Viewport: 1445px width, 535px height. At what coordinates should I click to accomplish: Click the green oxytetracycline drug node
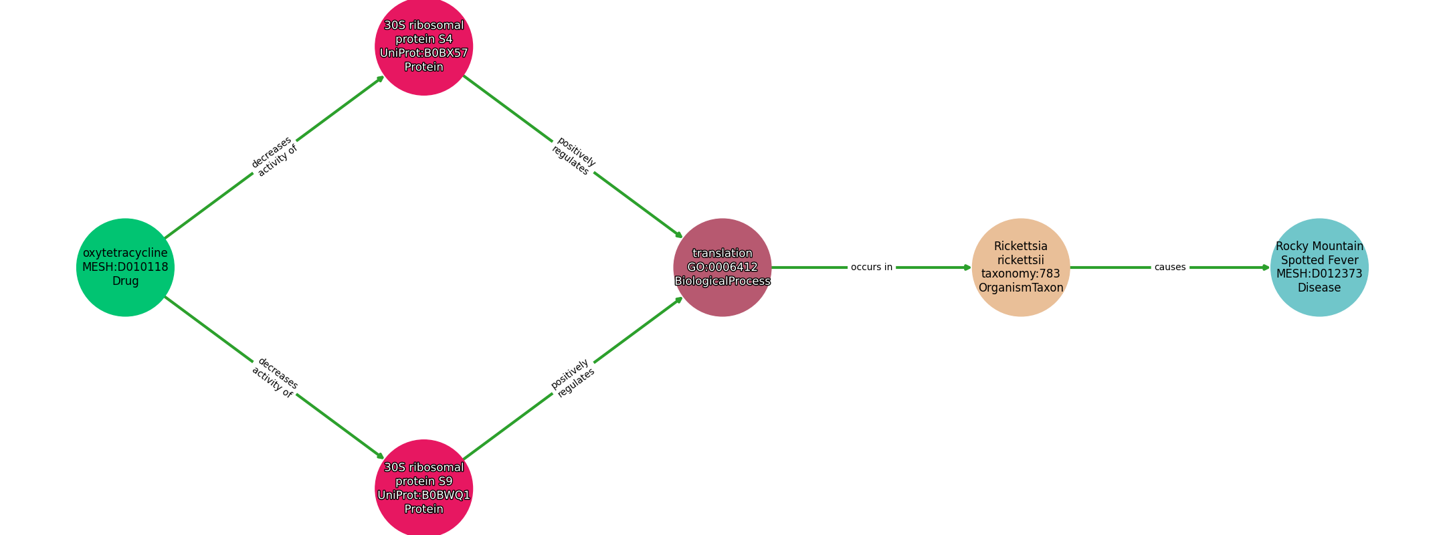tap(125, 267)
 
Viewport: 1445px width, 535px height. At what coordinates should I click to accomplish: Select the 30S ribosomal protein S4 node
tap(424, 47)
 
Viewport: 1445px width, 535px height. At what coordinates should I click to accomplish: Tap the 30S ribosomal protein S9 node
tap(424, 488)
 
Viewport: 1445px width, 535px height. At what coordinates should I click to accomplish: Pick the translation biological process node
tap(722, 267)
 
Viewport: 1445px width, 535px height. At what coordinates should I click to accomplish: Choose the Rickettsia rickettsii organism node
tap(1021, 267)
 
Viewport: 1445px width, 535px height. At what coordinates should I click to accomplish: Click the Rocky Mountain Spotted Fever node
tap(1319, 267)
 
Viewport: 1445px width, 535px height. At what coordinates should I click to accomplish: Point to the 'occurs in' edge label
tap(872, 267)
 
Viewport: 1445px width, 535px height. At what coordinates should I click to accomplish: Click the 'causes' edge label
tap(1170, 267)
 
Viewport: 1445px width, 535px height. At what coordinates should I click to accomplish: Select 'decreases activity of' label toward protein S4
tap(274, 156)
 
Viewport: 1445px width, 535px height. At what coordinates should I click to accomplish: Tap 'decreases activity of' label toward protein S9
tap(274, 378)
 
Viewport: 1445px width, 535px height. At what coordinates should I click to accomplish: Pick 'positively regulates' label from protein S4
tap(573, 156)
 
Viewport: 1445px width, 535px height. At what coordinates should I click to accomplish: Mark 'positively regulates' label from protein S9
tap(573, 378)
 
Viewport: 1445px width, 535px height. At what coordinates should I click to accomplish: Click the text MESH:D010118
tap(125, 267)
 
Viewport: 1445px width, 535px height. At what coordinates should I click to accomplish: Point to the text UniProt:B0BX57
tap(424, 53)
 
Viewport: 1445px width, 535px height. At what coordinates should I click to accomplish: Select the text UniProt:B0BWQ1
tap(424, 495)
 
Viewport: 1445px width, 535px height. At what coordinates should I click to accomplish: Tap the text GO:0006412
tap(722, 267)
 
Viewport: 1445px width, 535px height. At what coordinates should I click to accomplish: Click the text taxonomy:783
tap(1021, 274)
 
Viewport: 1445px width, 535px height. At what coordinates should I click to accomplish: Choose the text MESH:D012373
tap(1319, 274)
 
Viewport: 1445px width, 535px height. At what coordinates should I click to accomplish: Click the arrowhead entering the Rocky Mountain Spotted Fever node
tap(1266, 267)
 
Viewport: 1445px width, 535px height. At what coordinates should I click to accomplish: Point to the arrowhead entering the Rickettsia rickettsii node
tap(967, 267)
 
